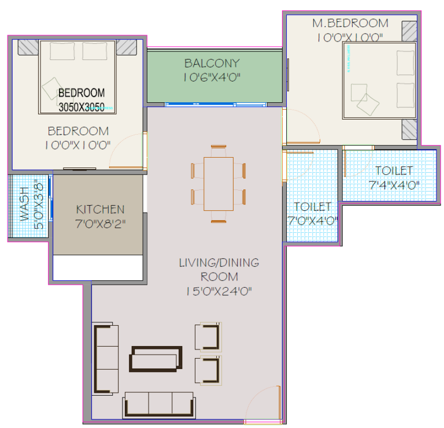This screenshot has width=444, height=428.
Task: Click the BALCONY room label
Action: (212, 63)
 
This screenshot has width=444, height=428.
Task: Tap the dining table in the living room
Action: (219, 184)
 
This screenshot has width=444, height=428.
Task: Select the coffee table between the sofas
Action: (156, 359)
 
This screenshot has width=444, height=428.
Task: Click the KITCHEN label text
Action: (100, 210)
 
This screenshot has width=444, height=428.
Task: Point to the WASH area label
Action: (25, 204)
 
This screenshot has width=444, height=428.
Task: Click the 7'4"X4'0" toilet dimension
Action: (394, 185)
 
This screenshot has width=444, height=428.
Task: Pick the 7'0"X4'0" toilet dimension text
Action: (313, 221)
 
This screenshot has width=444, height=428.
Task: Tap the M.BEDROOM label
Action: (350, 23)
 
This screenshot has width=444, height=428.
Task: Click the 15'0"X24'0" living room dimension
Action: (219, 291)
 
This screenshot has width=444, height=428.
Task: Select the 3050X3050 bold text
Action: (82, 107)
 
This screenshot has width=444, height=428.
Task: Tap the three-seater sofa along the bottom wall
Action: (159, 405)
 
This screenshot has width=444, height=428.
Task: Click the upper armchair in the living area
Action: (208, 337)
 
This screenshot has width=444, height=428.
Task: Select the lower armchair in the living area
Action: (208, 370)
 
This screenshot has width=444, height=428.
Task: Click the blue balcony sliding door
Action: (216, 105)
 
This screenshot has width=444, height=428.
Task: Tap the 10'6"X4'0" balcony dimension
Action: (212, 77)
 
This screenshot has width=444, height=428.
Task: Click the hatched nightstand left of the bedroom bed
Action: (28, 47)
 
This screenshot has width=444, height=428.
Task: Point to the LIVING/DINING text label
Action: (219, 263)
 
